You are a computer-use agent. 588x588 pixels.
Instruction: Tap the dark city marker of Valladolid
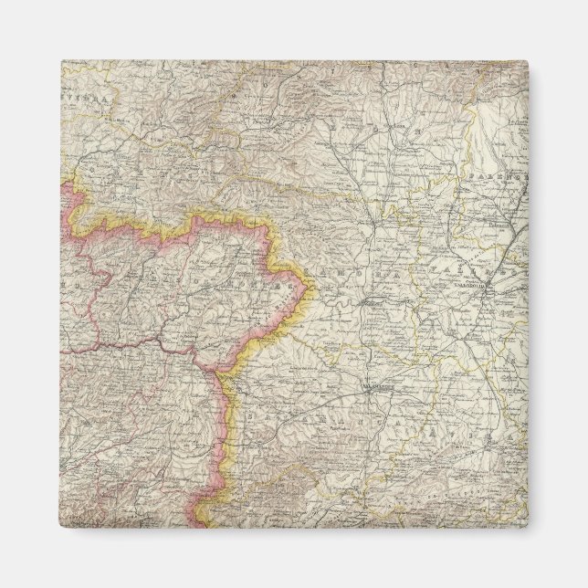point(489,291)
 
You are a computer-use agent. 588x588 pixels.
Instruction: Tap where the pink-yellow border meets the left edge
point(62,183)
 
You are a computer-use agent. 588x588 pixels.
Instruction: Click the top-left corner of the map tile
point(62,62)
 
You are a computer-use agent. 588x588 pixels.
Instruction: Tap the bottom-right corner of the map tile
point(527,527)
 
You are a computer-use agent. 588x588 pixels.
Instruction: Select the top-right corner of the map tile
point(527,62)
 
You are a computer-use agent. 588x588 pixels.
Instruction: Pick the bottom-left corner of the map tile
point(62,527)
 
